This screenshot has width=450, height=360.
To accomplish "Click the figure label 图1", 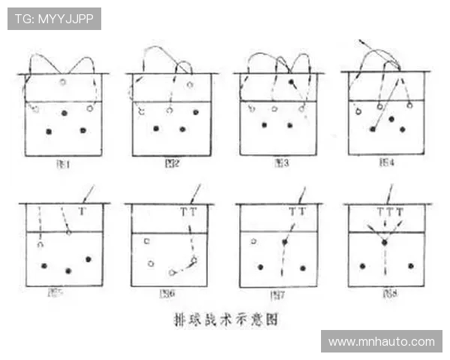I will [x=64, y=162].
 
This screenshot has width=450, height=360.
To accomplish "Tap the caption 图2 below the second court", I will [x=172, y=162].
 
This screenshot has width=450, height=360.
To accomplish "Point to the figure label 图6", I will [x=168, y=293].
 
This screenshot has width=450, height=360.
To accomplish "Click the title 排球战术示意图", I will [x=225, y=319].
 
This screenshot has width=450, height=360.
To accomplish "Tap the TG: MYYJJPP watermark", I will [x=54, y=19].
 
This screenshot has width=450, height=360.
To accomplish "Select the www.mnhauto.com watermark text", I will [x=381, y=341].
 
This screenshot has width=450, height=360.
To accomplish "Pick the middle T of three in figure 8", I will [x=389, y=212].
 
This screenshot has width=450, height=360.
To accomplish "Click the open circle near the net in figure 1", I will [x=63, y=82].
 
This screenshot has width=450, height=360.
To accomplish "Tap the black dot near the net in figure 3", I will [x=291, y=81].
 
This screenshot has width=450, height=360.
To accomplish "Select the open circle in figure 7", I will [x=253, y=241].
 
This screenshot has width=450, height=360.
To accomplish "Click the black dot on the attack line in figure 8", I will [x=385, y=242].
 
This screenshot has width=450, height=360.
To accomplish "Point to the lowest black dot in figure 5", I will [x=68, y=270].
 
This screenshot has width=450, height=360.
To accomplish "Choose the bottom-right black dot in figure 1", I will [x=82, y=130].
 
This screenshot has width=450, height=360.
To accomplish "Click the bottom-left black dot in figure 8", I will [x=361, y=265].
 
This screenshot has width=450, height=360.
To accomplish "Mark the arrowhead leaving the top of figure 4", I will [x=360, y=40].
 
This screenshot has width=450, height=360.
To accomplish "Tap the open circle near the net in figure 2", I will [x=190, y=84].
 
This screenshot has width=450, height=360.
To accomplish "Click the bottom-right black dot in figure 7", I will [x=303, y=268].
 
